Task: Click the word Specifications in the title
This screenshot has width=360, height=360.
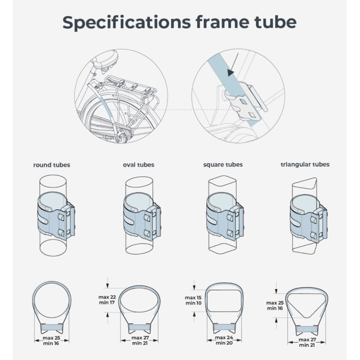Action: coord(126,22)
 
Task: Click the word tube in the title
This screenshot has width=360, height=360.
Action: coord(275,22)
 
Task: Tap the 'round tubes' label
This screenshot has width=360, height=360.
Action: coord(52,165)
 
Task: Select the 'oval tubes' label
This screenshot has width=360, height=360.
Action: coord(139,165)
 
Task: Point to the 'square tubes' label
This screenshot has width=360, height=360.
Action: coord(223,165)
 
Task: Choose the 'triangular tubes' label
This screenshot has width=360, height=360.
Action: coord(305,164)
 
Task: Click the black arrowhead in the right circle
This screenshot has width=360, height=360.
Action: coord(230,73)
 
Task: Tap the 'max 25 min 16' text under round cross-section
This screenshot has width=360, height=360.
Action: coord(51,341)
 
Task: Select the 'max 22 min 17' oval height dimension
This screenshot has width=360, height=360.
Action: coord(107,300)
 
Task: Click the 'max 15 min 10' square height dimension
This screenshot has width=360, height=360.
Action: coord(193,300)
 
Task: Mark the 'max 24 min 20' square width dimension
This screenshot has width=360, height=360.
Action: coord(224,340)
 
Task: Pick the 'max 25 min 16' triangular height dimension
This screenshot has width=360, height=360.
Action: coord(275,306)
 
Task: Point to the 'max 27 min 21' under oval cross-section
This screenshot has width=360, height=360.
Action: coord(140,340)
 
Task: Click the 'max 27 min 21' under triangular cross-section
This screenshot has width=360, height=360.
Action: coord(307,342)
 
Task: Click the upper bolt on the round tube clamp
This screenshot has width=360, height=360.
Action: coord(61,217)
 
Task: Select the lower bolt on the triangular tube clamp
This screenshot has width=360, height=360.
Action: coord(313,235)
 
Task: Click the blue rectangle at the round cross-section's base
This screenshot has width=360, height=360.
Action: coord(51,327)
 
